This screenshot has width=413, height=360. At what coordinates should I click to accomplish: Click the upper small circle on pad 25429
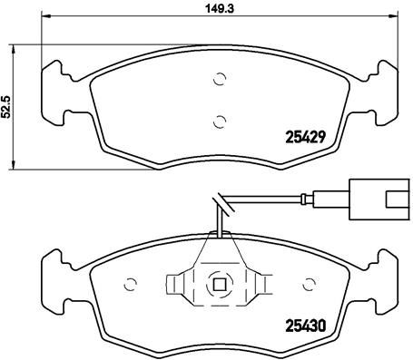pos(218,80)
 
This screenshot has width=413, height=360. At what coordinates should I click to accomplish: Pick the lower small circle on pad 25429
pos(218,118)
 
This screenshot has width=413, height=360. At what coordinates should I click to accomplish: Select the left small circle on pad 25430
pos(128,280)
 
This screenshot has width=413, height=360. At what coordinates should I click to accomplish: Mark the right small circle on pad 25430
pos(308,280)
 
